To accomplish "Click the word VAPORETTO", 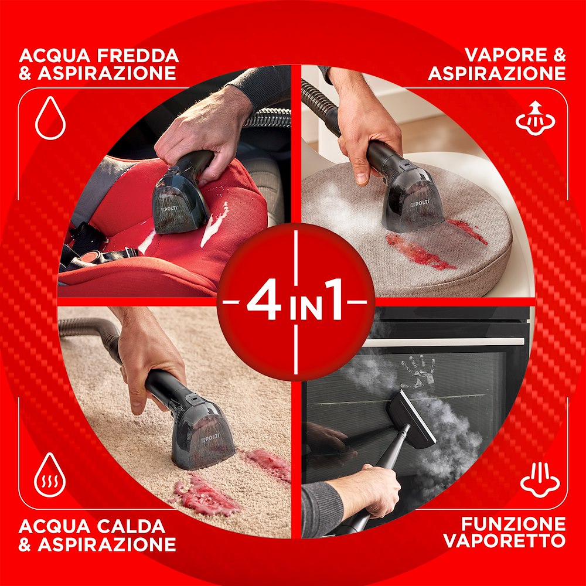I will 505,540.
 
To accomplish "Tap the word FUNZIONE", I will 513,523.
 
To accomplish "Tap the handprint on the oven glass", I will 418,372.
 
